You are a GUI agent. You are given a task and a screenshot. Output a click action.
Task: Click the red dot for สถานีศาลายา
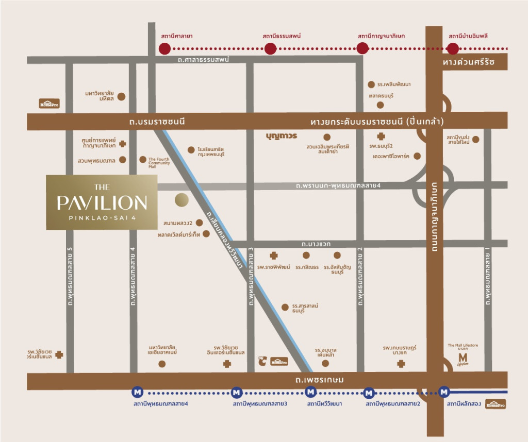(x=164, y=49)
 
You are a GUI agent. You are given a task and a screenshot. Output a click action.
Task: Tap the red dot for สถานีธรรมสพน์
(x=270, y=49)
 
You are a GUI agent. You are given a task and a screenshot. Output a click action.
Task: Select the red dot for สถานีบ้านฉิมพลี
(x=453, y=49)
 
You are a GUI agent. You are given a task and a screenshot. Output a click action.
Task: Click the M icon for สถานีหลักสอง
(x=443, y=393)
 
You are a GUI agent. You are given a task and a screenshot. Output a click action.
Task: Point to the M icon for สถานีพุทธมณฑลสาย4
(x=137, y=393)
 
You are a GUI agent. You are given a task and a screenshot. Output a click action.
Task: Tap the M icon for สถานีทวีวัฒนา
(x=311, y=393)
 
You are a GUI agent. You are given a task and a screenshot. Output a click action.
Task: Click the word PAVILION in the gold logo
(x=102, y=202)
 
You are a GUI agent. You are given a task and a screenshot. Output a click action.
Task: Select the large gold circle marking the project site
(x=182, y=200)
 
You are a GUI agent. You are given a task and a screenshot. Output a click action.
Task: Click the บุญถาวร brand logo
(x=282, y=137)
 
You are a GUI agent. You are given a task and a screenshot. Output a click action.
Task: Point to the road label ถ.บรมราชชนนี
(x=157, y=122)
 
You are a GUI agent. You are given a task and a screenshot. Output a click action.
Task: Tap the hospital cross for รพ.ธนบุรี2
(x=381, y=137)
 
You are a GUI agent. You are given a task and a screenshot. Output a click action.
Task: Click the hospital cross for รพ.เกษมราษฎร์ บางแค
(x=401, y=364)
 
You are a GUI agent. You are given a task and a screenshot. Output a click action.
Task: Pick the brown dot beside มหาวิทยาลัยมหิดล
(x=122, y=96)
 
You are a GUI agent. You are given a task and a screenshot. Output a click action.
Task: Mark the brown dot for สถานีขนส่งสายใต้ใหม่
(x=475, y=139)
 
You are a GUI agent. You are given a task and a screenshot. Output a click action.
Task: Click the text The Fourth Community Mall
(x=159, y=163)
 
